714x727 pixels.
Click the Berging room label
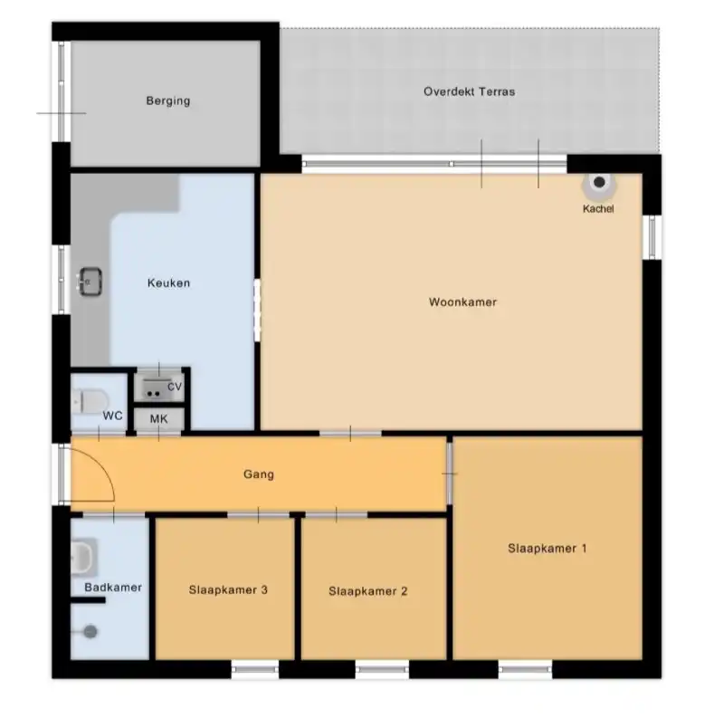167,100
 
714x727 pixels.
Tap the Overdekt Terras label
469,91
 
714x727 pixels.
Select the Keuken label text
168,282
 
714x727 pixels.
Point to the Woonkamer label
462,301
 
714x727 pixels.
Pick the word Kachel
598,208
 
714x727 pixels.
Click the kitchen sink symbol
90,281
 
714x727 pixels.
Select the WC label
112,416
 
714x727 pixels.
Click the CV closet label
175,387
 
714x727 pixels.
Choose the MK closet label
159,419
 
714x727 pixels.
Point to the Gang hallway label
259,474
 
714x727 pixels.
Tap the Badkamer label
113,588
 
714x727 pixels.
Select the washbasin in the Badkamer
83,557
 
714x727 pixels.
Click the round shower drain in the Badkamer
90,632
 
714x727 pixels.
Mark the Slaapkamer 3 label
228,589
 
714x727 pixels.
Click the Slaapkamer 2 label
368,591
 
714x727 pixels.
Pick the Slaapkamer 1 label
547,549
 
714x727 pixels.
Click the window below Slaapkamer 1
526,669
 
